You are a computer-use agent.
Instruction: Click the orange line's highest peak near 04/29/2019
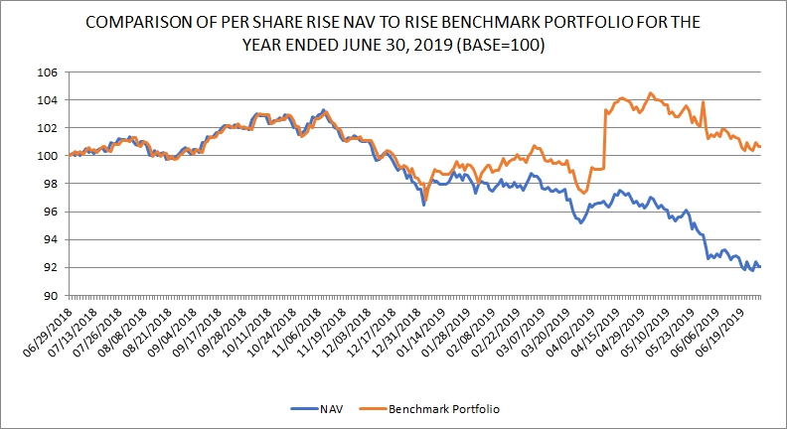tap(650, 93)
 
